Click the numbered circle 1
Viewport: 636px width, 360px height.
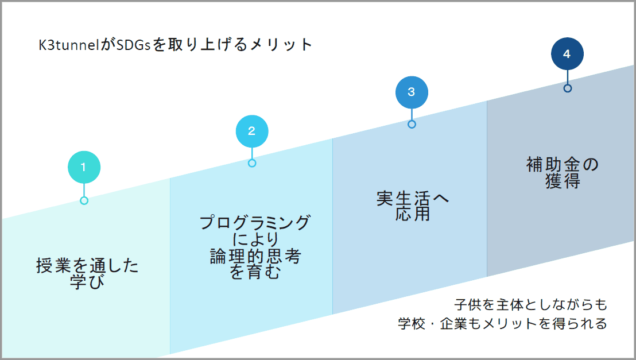coord(84,167)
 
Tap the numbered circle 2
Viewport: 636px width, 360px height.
coord(252,130)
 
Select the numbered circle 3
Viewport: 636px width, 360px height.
coord(412,92)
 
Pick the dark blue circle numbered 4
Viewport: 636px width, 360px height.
coord(567,54)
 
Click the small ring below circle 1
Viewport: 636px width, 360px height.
coord(84,200)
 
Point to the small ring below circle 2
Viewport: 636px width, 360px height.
coord(252,163)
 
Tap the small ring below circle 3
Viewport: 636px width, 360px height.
coord(412,124)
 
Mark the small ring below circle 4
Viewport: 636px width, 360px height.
coord(567,88)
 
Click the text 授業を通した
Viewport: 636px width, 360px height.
coord(88,267)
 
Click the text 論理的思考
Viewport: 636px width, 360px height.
coord(255,257)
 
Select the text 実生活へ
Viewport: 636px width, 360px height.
coord(412,199)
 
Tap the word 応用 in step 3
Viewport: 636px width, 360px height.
coord(412,214)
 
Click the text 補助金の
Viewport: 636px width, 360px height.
coord(563,165)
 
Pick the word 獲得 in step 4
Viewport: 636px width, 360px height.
coord(563,181)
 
